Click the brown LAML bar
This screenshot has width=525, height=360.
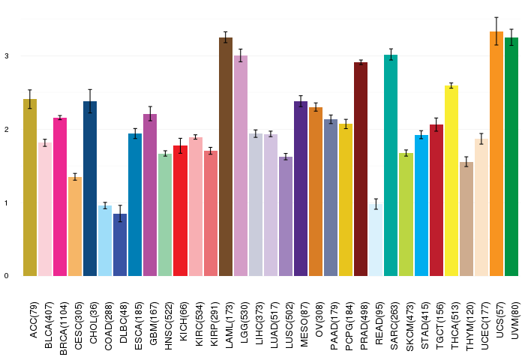pyautogui.click(x=226, y=157)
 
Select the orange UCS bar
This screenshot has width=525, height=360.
pyautogui.click(x=496, y=154)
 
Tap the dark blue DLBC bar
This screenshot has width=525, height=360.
pyautogui.click(x=120, y=244)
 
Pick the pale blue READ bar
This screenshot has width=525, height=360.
pyautogui.click(x=376, y=240)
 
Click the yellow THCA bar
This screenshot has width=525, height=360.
pyautogui.click(x=451, y=181)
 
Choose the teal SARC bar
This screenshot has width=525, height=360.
pyautogui.click(x=391, y=166)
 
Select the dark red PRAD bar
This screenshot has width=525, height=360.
pyautogui.click(x=361, y=169)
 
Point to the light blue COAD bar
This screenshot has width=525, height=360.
pyautogui.click(x=105, y=241)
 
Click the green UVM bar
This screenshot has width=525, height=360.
pyautogui.click(x=511, y=157)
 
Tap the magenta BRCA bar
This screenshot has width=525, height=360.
pyautogui.click(x=60, y=197)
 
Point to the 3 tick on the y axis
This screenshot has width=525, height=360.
pyautogui.click(x=7, y=56)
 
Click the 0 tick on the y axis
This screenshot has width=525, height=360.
pyautogui.click(x=7, y=276)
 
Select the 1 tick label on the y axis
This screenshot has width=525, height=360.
pyautogui.click(x=7, y=202)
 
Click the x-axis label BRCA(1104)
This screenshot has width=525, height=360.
pyautogui.click(x=63, y=328)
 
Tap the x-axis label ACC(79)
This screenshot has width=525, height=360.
pyautogui.click(x=34, y=319)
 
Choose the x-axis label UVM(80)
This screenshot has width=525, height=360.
pyautogui.click(x=515, y=320)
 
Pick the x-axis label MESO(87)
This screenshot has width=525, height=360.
pyautogui.click(x=304, y=324)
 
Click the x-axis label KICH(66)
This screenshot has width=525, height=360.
pyautogui.click(x=184, y=322)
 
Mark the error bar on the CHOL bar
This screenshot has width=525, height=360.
pyautogui.click(x=90, y=101)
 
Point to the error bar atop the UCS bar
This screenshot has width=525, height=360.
pyautogui.click(x=496, y=31)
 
